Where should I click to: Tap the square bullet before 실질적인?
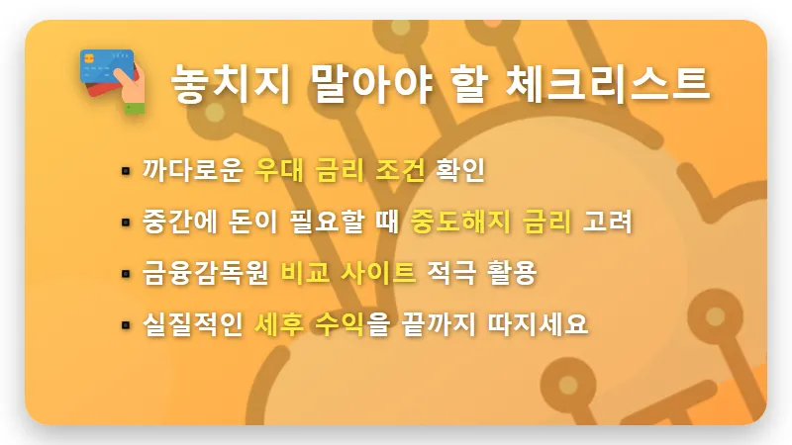coord(126,325)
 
